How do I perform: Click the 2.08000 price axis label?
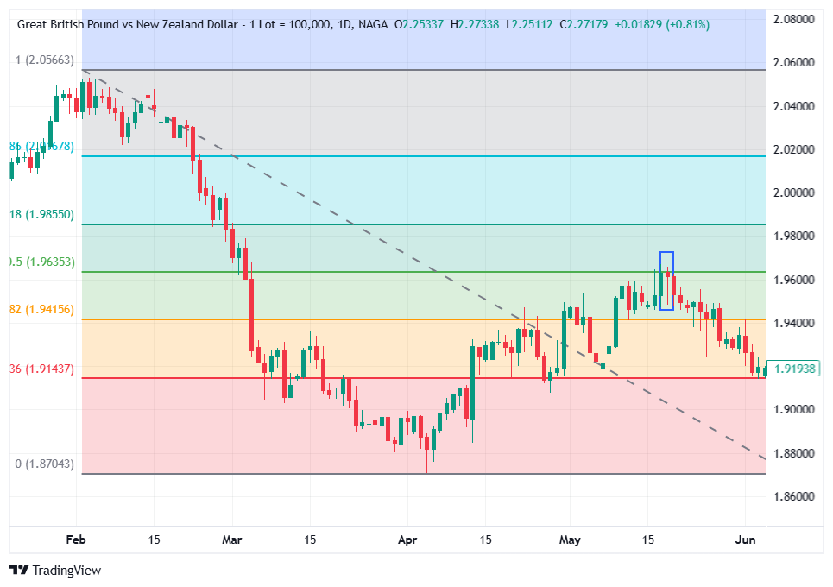click(794, 19)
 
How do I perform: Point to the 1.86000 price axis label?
click(794, 496)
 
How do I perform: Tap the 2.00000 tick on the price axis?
click(794, 193)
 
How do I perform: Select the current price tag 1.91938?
click(794, 369)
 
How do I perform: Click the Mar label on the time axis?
click(232, 540)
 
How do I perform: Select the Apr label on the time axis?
click(407, 540)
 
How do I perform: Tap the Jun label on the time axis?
click(745, 540)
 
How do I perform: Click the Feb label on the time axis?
click(76, 540)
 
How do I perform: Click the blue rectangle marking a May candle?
click(666, 281)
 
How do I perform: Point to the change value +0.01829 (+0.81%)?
click(662, 24)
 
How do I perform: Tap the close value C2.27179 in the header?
click(584, 24)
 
